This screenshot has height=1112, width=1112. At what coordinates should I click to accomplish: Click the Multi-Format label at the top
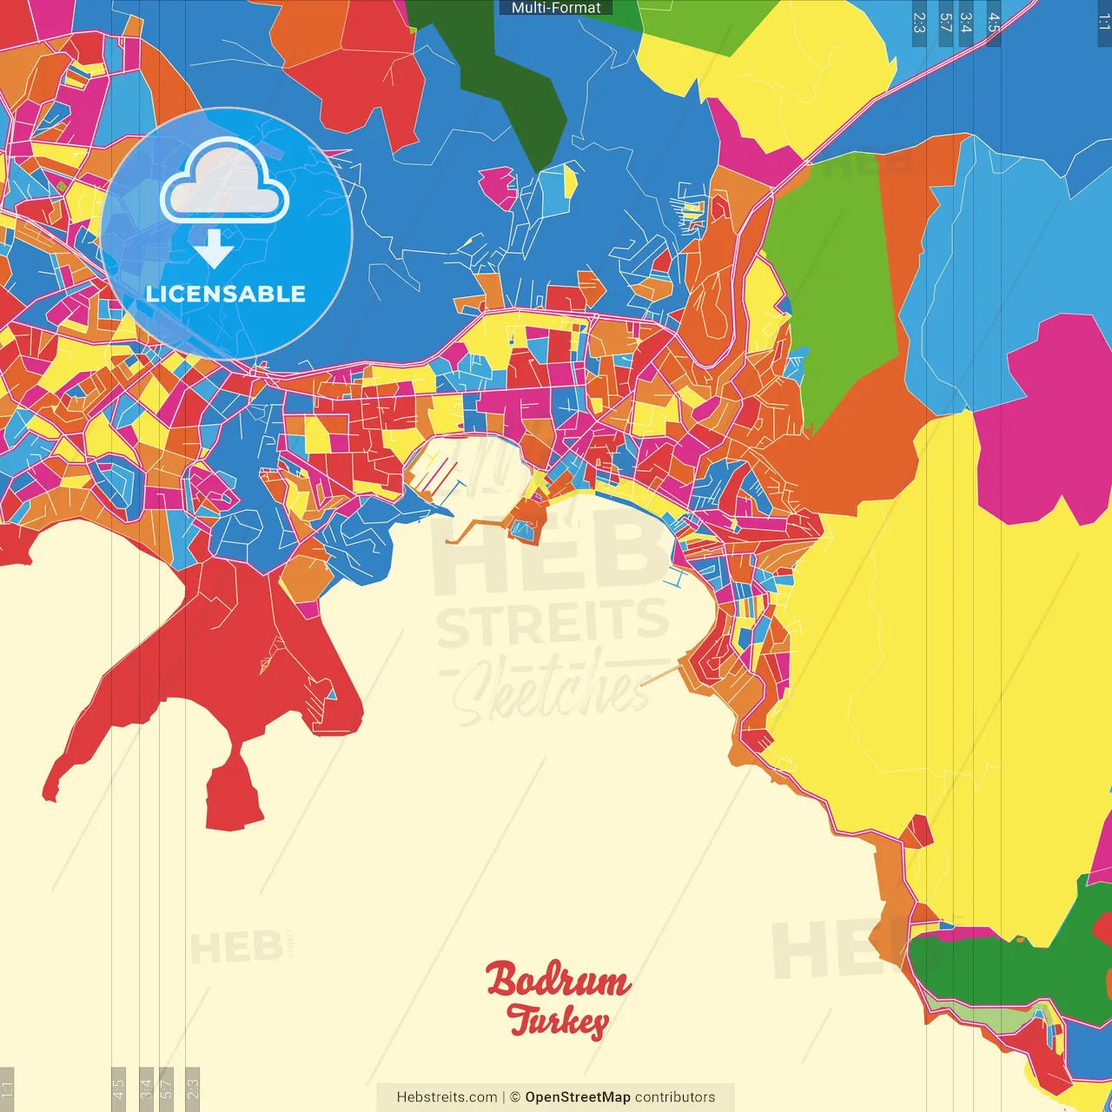556,8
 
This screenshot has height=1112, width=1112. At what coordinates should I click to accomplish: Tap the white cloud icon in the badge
224,184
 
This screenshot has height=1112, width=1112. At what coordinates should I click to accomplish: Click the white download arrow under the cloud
213,248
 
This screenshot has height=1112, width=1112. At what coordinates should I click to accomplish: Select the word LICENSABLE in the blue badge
226,295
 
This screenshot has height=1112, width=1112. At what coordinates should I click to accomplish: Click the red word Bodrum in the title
558,980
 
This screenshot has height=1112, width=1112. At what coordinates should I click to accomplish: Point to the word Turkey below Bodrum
558,1022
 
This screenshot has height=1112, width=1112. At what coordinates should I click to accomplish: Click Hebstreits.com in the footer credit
447,1097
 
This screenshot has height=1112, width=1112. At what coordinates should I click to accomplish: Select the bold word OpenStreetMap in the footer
578,1097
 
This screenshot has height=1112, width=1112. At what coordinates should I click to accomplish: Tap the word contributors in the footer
675,1097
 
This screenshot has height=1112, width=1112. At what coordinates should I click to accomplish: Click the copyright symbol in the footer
515,1097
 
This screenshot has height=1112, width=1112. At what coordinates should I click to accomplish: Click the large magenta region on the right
1047,417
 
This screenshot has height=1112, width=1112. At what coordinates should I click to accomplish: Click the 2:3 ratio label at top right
919,23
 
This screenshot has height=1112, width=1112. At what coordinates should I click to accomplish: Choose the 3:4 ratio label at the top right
965,23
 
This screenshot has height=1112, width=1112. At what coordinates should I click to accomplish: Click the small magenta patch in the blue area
498,188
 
